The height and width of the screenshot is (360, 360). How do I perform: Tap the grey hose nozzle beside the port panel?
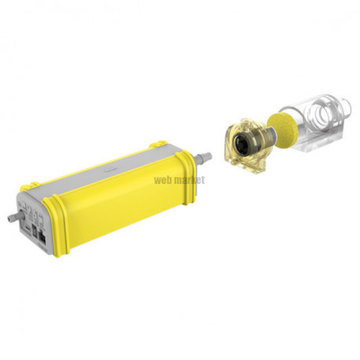[15, 217]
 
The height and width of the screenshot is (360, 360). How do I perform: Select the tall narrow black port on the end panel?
[34, 230]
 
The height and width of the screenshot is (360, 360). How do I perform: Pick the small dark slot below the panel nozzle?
[27, 228]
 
